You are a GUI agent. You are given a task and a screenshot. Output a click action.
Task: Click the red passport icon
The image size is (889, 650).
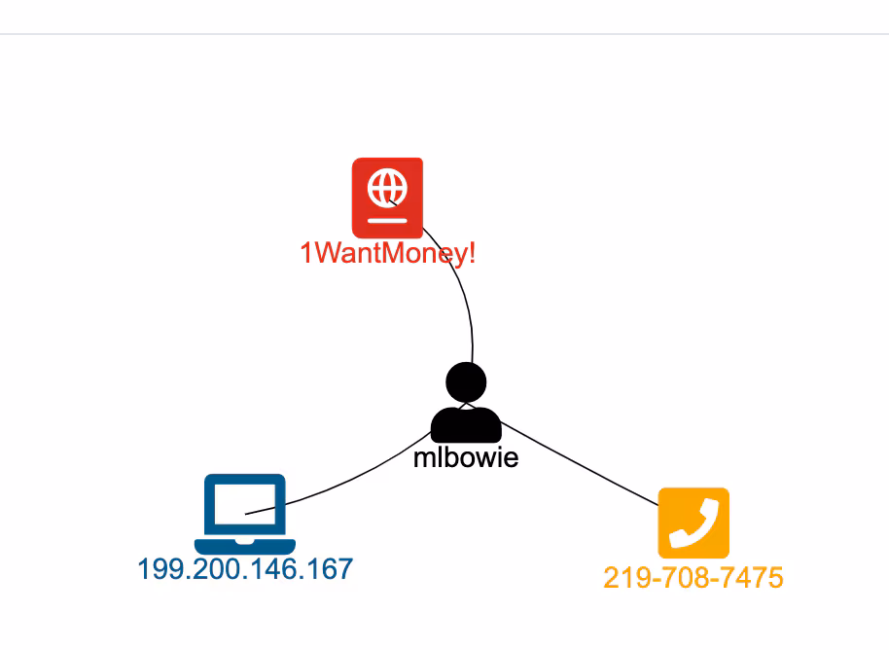pyautogui.click(x=387, y=198)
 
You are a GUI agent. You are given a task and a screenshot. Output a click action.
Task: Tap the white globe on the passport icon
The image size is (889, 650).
pyautogui.click(x=387, y=188)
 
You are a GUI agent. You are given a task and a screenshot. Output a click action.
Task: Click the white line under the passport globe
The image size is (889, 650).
pyautogui.click(x=387, y=221)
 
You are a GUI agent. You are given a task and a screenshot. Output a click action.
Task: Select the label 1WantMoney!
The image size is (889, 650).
pyautogui.click(x=387, y=253)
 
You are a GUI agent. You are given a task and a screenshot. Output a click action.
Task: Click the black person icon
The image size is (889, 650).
pyautogui.click(x=466, y=403)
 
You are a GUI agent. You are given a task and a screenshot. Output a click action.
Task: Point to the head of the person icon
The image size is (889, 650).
pyautogui.click(x=466, y=382)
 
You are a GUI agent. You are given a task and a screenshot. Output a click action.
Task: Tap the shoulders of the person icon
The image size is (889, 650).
pyautogui.click(x=466, y=425)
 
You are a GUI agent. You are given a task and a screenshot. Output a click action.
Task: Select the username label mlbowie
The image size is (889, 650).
pyautogui.click(x=466, y=457)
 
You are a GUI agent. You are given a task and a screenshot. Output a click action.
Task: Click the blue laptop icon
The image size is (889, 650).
pyautogui.click(x=245, y=514)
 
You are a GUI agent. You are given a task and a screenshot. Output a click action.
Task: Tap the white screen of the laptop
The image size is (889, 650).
pyautogui.click(x=245, y=504)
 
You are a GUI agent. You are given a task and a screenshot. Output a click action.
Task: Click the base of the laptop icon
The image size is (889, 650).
pyautogui.click(x=245, y=546)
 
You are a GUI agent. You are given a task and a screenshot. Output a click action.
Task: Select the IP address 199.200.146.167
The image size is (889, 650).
pyautogui.click(x=245, y=569)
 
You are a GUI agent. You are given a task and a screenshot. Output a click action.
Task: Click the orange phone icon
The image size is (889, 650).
pyautogui.click(x=693, y=523)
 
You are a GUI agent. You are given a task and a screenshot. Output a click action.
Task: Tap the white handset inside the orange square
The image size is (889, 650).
pyautogui.click(x=693, y=524)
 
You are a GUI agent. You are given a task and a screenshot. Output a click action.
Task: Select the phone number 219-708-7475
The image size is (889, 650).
pyautogui.click(x=693, y=578)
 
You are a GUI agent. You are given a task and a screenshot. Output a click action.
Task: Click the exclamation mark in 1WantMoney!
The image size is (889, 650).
pyautogui.click(x=472, y=252)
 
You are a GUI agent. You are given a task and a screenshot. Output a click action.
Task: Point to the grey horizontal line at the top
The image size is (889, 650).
pyautogui.click(x=444, y=34)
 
